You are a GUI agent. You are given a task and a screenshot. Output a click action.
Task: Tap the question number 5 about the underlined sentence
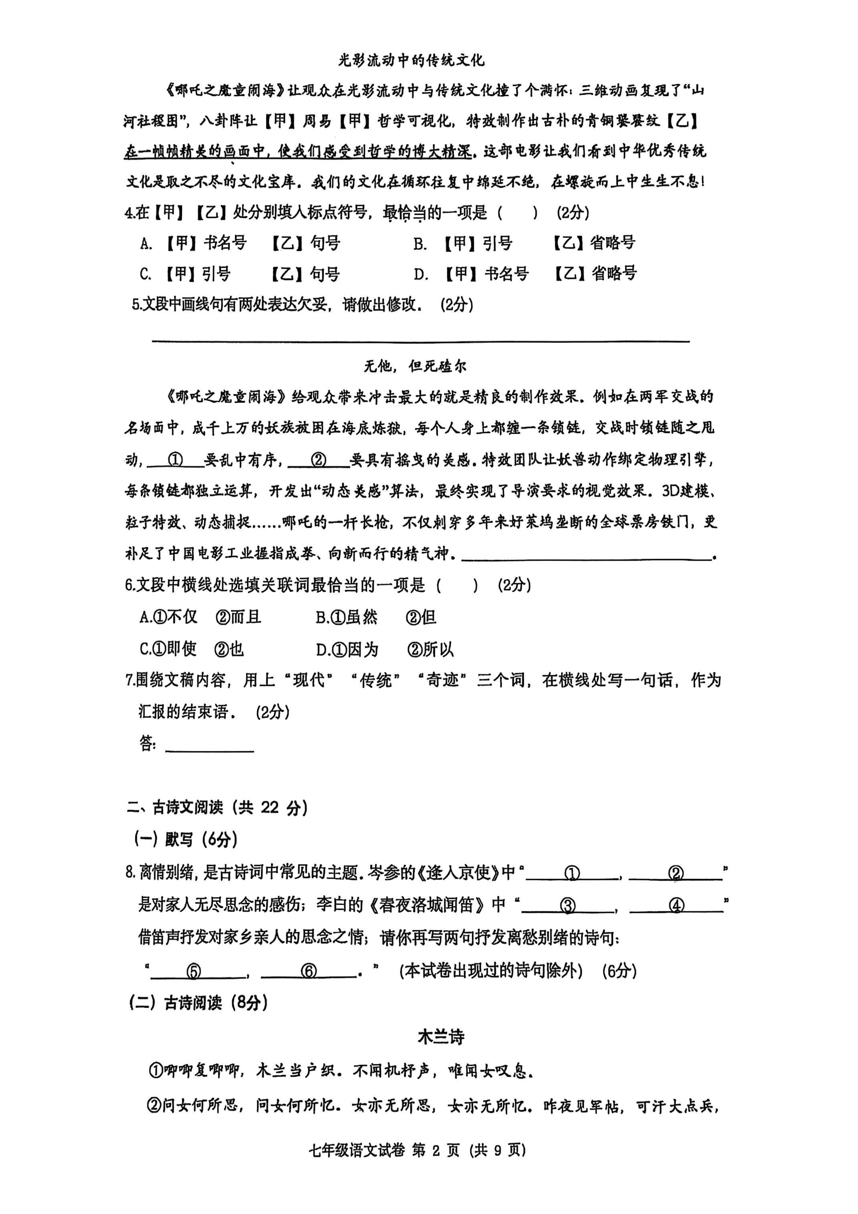(x=136, y=305)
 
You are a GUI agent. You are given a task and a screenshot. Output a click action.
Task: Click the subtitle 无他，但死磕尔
(x=415, y=366)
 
